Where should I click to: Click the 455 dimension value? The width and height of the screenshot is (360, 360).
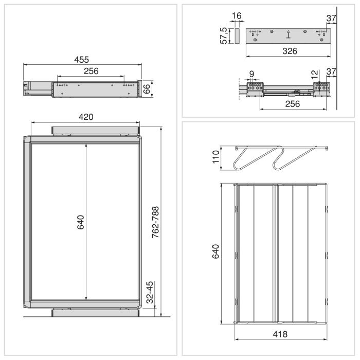81,59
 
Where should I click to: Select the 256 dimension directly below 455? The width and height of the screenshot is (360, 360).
90,71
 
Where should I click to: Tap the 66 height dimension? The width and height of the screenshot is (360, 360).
147,88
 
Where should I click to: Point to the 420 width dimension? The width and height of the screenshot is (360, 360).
85,117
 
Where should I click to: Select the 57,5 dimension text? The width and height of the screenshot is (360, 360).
224,36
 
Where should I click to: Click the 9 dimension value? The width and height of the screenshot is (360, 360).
251,74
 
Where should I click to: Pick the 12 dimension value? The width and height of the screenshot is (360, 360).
315,74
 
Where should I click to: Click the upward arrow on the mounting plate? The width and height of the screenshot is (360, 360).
289,35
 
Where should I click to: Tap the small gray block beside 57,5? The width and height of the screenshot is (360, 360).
237,36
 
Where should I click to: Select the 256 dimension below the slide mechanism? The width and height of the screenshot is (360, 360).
292,103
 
